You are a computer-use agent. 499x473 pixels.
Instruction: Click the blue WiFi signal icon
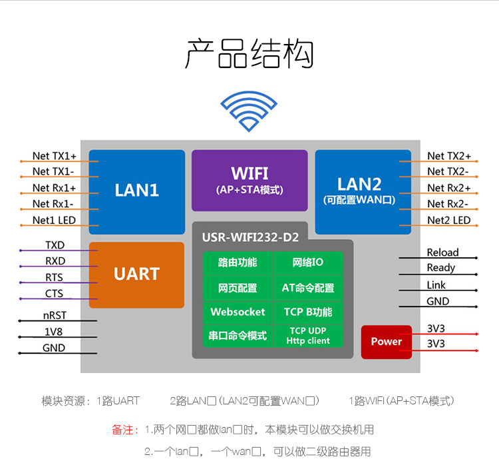249,111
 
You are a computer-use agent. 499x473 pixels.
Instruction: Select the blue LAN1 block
137,191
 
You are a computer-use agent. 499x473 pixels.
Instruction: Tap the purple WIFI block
249,180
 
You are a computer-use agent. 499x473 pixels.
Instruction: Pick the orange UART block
136,274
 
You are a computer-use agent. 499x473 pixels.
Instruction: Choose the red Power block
387,342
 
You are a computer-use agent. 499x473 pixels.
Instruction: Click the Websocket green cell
238,312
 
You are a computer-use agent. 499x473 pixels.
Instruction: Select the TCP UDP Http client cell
308,335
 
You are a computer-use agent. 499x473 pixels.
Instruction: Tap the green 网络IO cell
308,262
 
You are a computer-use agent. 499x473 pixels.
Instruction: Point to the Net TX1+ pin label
55,156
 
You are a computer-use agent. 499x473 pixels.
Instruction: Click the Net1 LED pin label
54,220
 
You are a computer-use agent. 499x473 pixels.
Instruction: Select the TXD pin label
55,246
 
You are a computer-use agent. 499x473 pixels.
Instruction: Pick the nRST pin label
54,316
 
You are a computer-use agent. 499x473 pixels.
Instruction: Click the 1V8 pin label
54,332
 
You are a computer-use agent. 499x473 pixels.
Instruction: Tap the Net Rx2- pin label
448,204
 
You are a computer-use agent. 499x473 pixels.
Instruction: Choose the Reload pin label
442,252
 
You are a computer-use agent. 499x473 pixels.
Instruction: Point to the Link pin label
436,285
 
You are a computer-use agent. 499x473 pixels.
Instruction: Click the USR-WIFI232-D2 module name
250,237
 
